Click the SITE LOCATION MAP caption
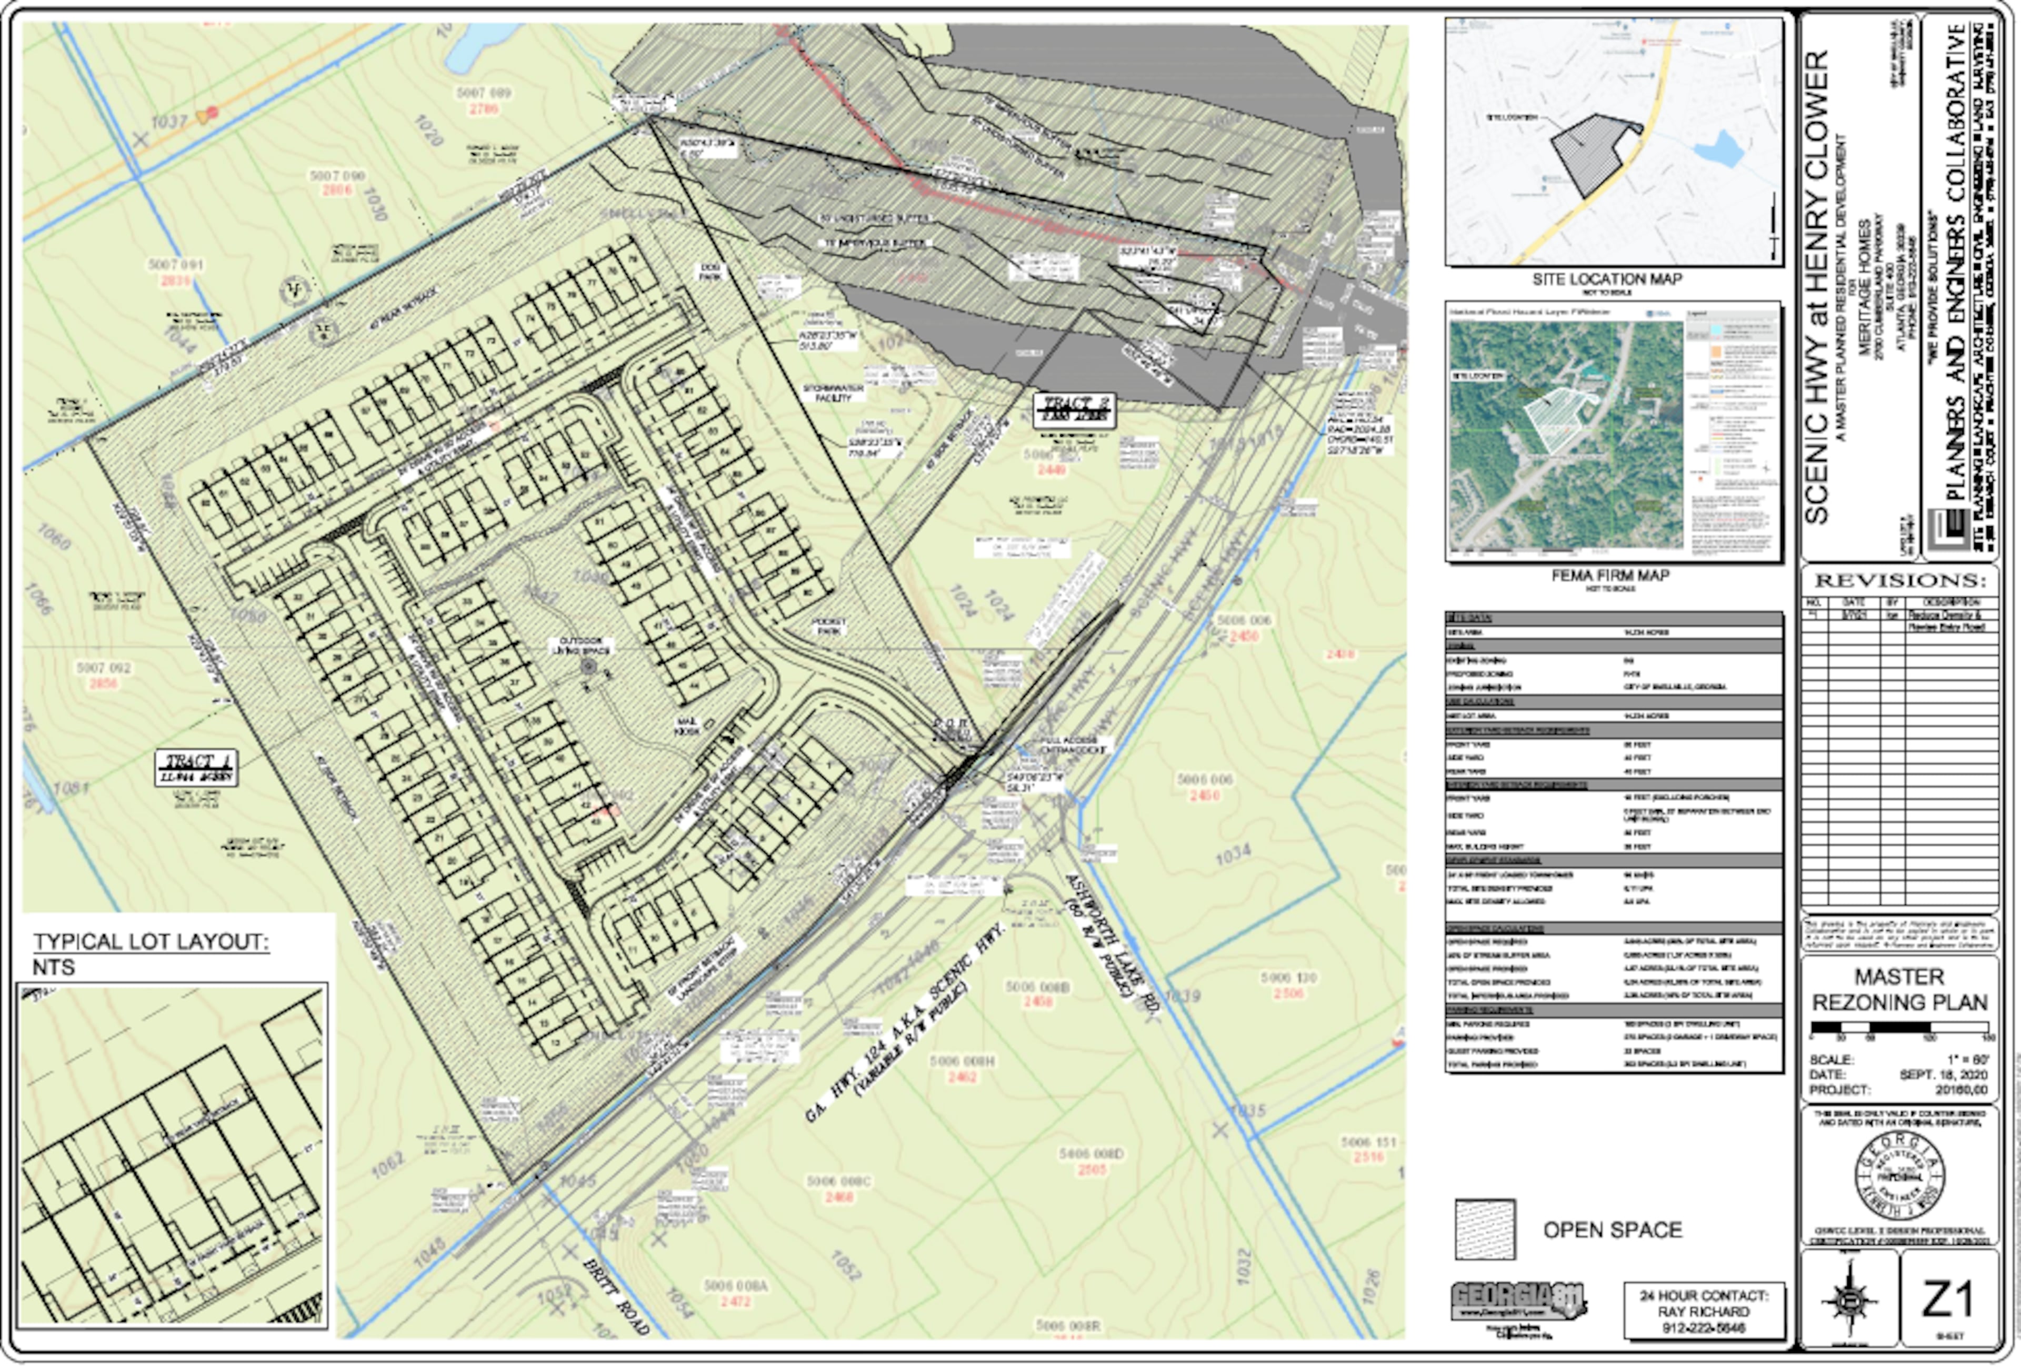[x=1606, y=279]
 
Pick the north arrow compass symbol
[x=1849, y=1300]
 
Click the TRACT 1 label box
[x=196, y=768]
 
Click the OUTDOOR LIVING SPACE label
[x=586, y=646]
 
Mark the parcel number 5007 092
[x=104, y=668]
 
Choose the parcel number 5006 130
[x=1288, y=978]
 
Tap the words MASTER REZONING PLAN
[x=1899, y=990]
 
